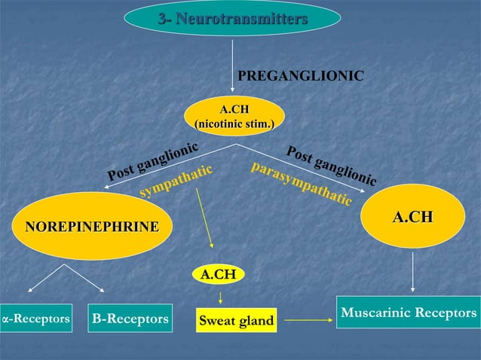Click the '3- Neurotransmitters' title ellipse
pyautogui.click(x=232, y=19)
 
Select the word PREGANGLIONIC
pyautogui.click(x=301, y=76)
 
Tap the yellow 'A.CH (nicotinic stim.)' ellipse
pyautogui.click(x=234, y=116)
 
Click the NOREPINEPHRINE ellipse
pyautogui.click(x=93, y=226)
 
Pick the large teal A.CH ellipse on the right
pyautogui.click(x=412, y=217)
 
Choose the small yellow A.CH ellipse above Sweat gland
pyautogui.click(x=218, y=276)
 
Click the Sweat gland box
pyautogui.click(x=235, y=322)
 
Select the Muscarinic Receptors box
pyautogui.click(x=408, y=312)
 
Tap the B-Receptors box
pyautogui.click(x=130, y=319)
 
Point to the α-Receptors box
pyautogui.click(x=35, y=319)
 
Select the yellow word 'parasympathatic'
pyautogui.click(x=301, y=182)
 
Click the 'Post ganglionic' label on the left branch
pyautogui.click(x=152, y=161)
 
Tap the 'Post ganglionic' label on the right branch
pyautogui.click(x=331, y=163)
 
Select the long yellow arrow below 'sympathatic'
pyautogui.click(x=204, y=219)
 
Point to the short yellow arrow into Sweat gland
pyautogui.click(x=218, y=296)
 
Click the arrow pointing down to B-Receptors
pyautogui.click(x=85, y=279)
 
